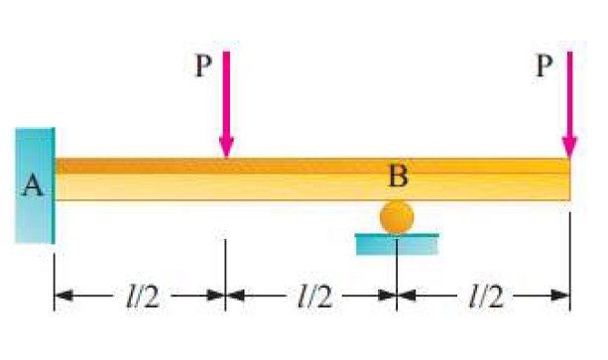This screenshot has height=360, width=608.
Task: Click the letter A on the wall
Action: [x=32, y=185]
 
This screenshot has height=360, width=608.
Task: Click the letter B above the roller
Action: [x=399, y=178]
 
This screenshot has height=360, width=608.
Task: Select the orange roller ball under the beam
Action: [x=397, y=217]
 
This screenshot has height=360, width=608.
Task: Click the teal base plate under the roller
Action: [x=397, y=243]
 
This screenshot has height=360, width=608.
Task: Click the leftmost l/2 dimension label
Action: [x=140, y=295]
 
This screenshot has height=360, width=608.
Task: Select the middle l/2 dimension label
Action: [x=312, y=295]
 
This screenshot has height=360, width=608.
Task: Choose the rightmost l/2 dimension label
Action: [x=483, y=295]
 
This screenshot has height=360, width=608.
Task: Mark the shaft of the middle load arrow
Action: [x=227, y=94]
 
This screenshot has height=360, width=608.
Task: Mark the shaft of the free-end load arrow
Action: [x=569, y=94]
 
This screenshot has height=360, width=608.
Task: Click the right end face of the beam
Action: [x=569, y=180]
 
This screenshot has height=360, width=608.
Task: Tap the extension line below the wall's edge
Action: [x=55, y=278]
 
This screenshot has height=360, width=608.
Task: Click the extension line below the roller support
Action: [x=397, y=283]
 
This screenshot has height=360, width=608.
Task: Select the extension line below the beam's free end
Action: [x=570, y=268]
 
